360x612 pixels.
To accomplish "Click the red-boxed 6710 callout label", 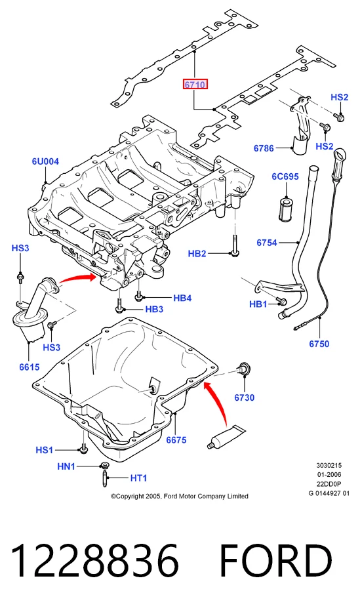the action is [195, 85].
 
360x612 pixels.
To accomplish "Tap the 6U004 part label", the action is [45, 161].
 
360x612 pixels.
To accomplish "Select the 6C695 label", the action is [285, 176].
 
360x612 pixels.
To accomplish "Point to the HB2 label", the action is [197, 254].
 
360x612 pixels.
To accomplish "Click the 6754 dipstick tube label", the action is [267, 243].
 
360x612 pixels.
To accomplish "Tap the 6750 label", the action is [319, 344].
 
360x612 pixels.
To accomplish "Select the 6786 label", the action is [264, 148].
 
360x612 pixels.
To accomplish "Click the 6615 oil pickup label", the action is [30, 367].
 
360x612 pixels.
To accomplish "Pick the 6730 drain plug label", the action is [244, 398].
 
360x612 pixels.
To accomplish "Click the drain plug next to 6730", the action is [245, 369].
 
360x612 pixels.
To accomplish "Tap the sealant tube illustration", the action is [226, 438].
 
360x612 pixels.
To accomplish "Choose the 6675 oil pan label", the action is [176, 440].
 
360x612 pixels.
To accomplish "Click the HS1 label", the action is [44, 450].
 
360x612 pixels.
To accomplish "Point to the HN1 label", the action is [66, 466].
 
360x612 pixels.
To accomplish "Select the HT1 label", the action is [138, 478].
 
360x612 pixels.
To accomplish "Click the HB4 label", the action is [182, 298].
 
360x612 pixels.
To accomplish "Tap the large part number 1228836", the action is [95, 561].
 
